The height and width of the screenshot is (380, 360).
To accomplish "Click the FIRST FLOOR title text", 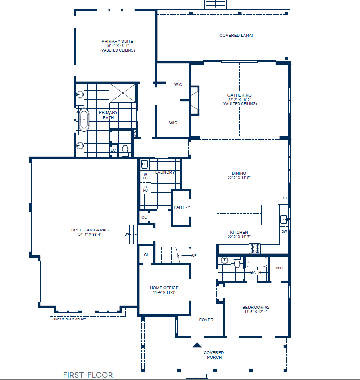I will point(88,375).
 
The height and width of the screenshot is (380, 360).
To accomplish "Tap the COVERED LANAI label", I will point(236,36).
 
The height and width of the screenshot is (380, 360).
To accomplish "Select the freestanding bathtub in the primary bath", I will point(84,119).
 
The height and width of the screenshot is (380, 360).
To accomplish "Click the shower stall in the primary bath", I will point(123,93).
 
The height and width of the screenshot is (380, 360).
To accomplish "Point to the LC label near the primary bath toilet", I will point(113,151).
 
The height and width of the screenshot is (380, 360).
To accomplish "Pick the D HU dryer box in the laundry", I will point(145,189).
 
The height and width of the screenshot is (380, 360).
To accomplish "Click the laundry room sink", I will point(145,164).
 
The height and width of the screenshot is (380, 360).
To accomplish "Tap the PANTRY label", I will point(182,207).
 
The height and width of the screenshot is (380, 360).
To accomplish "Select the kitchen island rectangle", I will point(239,215).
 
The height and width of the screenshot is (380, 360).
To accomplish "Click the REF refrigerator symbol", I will point(284,198).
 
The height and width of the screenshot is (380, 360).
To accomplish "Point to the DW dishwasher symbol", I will point(284,232).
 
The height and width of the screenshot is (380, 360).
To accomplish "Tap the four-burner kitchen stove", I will point(255,248).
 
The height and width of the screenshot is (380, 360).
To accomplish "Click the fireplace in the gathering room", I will point(195,101).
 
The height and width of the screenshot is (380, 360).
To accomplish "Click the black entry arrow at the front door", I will point(197,344).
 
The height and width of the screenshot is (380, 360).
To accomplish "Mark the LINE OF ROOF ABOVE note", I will point(69,319).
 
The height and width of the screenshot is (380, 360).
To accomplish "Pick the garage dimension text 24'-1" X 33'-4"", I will point(90,235).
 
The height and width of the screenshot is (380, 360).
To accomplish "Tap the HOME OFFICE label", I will point(164,288).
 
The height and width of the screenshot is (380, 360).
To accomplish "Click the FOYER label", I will point(206,320).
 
